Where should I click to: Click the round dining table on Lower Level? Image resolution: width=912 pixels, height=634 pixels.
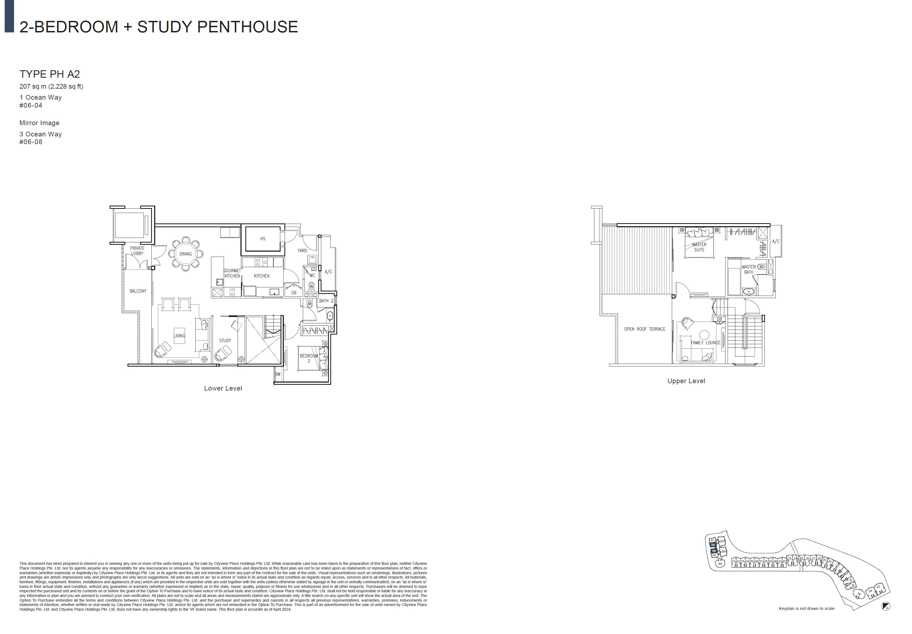click(x=185, y=254)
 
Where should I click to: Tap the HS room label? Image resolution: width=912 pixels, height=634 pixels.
click(x=263, y=239)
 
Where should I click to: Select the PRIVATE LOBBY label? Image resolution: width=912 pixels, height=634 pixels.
click(x=137, y=251)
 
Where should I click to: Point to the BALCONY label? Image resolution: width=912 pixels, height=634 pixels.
click(x=138, y=291)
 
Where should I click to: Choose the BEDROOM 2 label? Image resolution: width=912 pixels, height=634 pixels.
click(x=309, y=358)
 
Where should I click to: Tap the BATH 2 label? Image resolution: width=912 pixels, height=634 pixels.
click(x=326, y=301)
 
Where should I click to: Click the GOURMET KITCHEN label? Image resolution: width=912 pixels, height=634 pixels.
click(x=232, y=273)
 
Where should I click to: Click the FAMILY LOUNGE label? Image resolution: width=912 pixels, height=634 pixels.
click(x=705, y=343)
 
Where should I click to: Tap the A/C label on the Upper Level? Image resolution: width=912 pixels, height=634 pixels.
click(x=775, y=241)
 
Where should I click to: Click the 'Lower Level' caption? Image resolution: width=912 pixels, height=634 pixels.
click(x=223, y=388)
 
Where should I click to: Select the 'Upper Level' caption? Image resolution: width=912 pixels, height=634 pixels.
click(x=686, y=381)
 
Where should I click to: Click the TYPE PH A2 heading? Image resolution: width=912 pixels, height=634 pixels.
click(x=50, y=74)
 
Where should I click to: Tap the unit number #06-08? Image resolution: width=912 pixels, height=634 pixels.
click(x=31, y=142)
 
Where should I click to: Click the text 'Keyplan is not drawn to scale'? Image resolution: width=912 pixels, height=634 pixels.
click(x=806, y=608)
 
